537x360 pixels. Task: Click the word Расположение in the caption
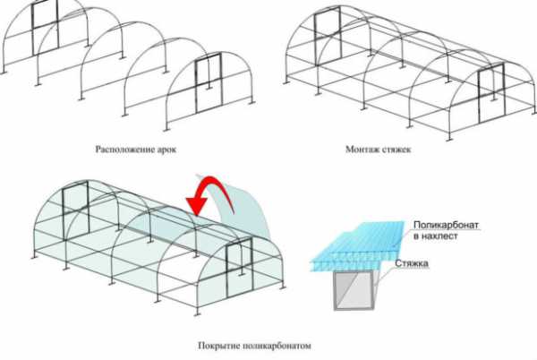click(x=123, y=150)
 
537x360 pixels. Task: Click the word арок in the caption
click(x=165, y=150)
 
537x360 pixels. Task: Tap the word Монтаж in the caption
click(x=361, y=150)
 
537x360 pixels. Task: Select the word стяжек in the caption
click(x=395, y=150)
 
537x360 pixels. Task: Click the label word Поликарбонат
click(x=446, y=225)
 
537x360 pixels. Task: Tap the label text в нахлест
click(x=435, y=236)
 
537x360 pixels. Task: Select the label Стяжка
click(x=412, y=263)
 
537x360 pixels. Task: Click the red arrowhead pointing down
click(x=197, y=207)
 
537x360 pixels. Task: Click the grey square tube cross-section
click(x=354, y=291)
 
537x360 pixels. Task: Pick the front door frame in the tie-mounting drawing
click(x=491, y=93)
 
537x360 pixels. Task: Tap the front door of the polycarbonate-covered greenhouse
click(x=239, y=268)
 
